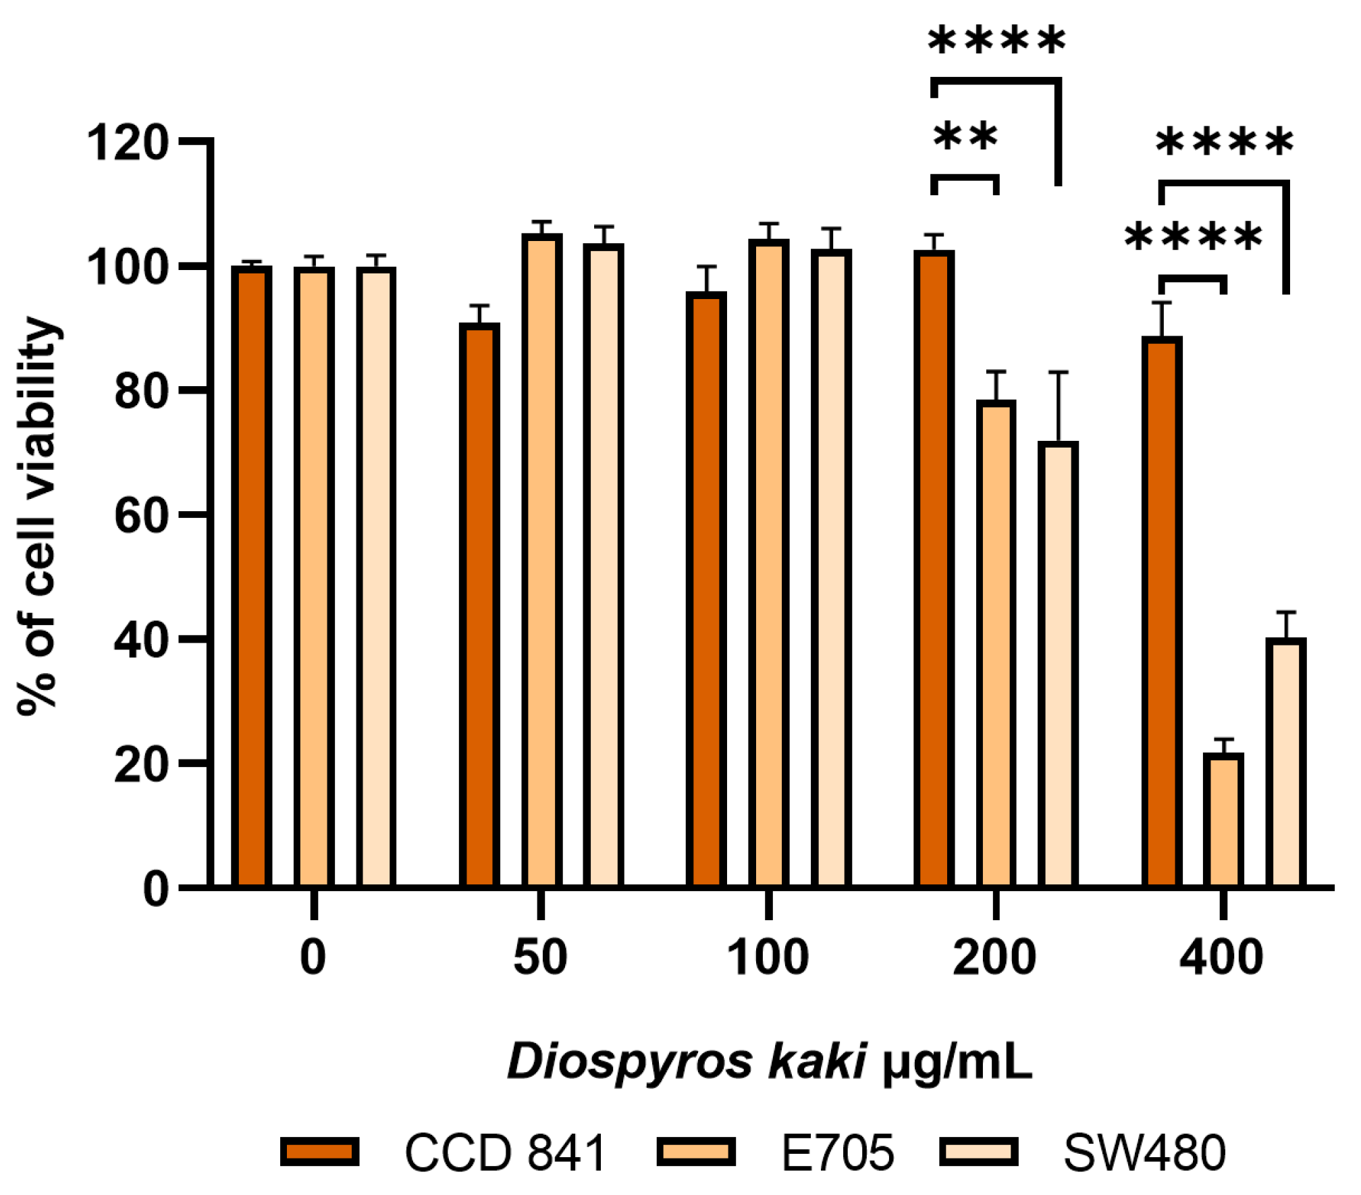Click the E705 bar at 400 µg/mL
click(x=1223, y=820)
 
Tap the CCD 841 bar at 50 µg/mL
click(x=479, y=604)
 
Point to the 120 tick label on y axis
click(x=127, y=143)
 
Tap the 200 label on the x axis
click(x=994, y=957)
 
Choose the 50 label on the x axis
click(x=540, y=957)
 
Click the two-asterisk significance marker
click(x=965, y=136)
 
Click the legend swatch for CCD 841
click(x=319, y=1151)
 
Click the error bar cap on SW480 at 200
click(x=1058, y=372)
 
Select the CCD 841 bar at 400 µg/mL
click(x=1161, y=611)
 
